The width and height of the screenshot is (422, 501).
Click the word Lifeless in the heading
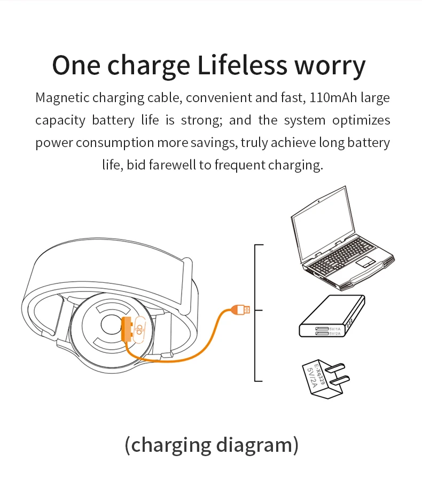click(243, 65)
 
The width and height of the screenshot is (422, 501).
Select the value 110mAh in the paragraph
click(333, 97)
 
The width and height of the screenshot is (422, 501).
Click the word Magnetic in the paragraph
click(62, 98)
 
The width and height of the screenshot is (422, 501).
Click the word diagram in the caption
click(254, 445)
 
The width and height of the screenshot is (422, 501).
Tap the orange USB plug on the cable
click(240, 310)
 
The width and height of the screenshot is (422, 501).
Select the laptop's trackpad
click(365, 262)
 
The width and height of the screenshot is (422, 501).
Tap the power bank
click(332, 316)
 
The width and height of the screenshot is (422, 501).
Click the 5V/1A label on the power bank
click(335, 329)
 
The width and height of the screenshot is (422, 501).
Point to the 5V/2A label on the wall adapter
click(311, 377)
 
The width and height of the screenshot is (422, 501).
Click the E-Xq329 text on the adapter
click(319, 374)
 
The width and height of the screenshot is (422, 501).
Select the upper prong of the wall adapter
click(335, 368)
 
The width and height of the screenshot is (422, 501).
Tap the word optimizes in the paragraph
click(361, 120)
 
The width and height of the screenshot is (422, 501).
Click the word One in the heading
click(76, 65)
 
